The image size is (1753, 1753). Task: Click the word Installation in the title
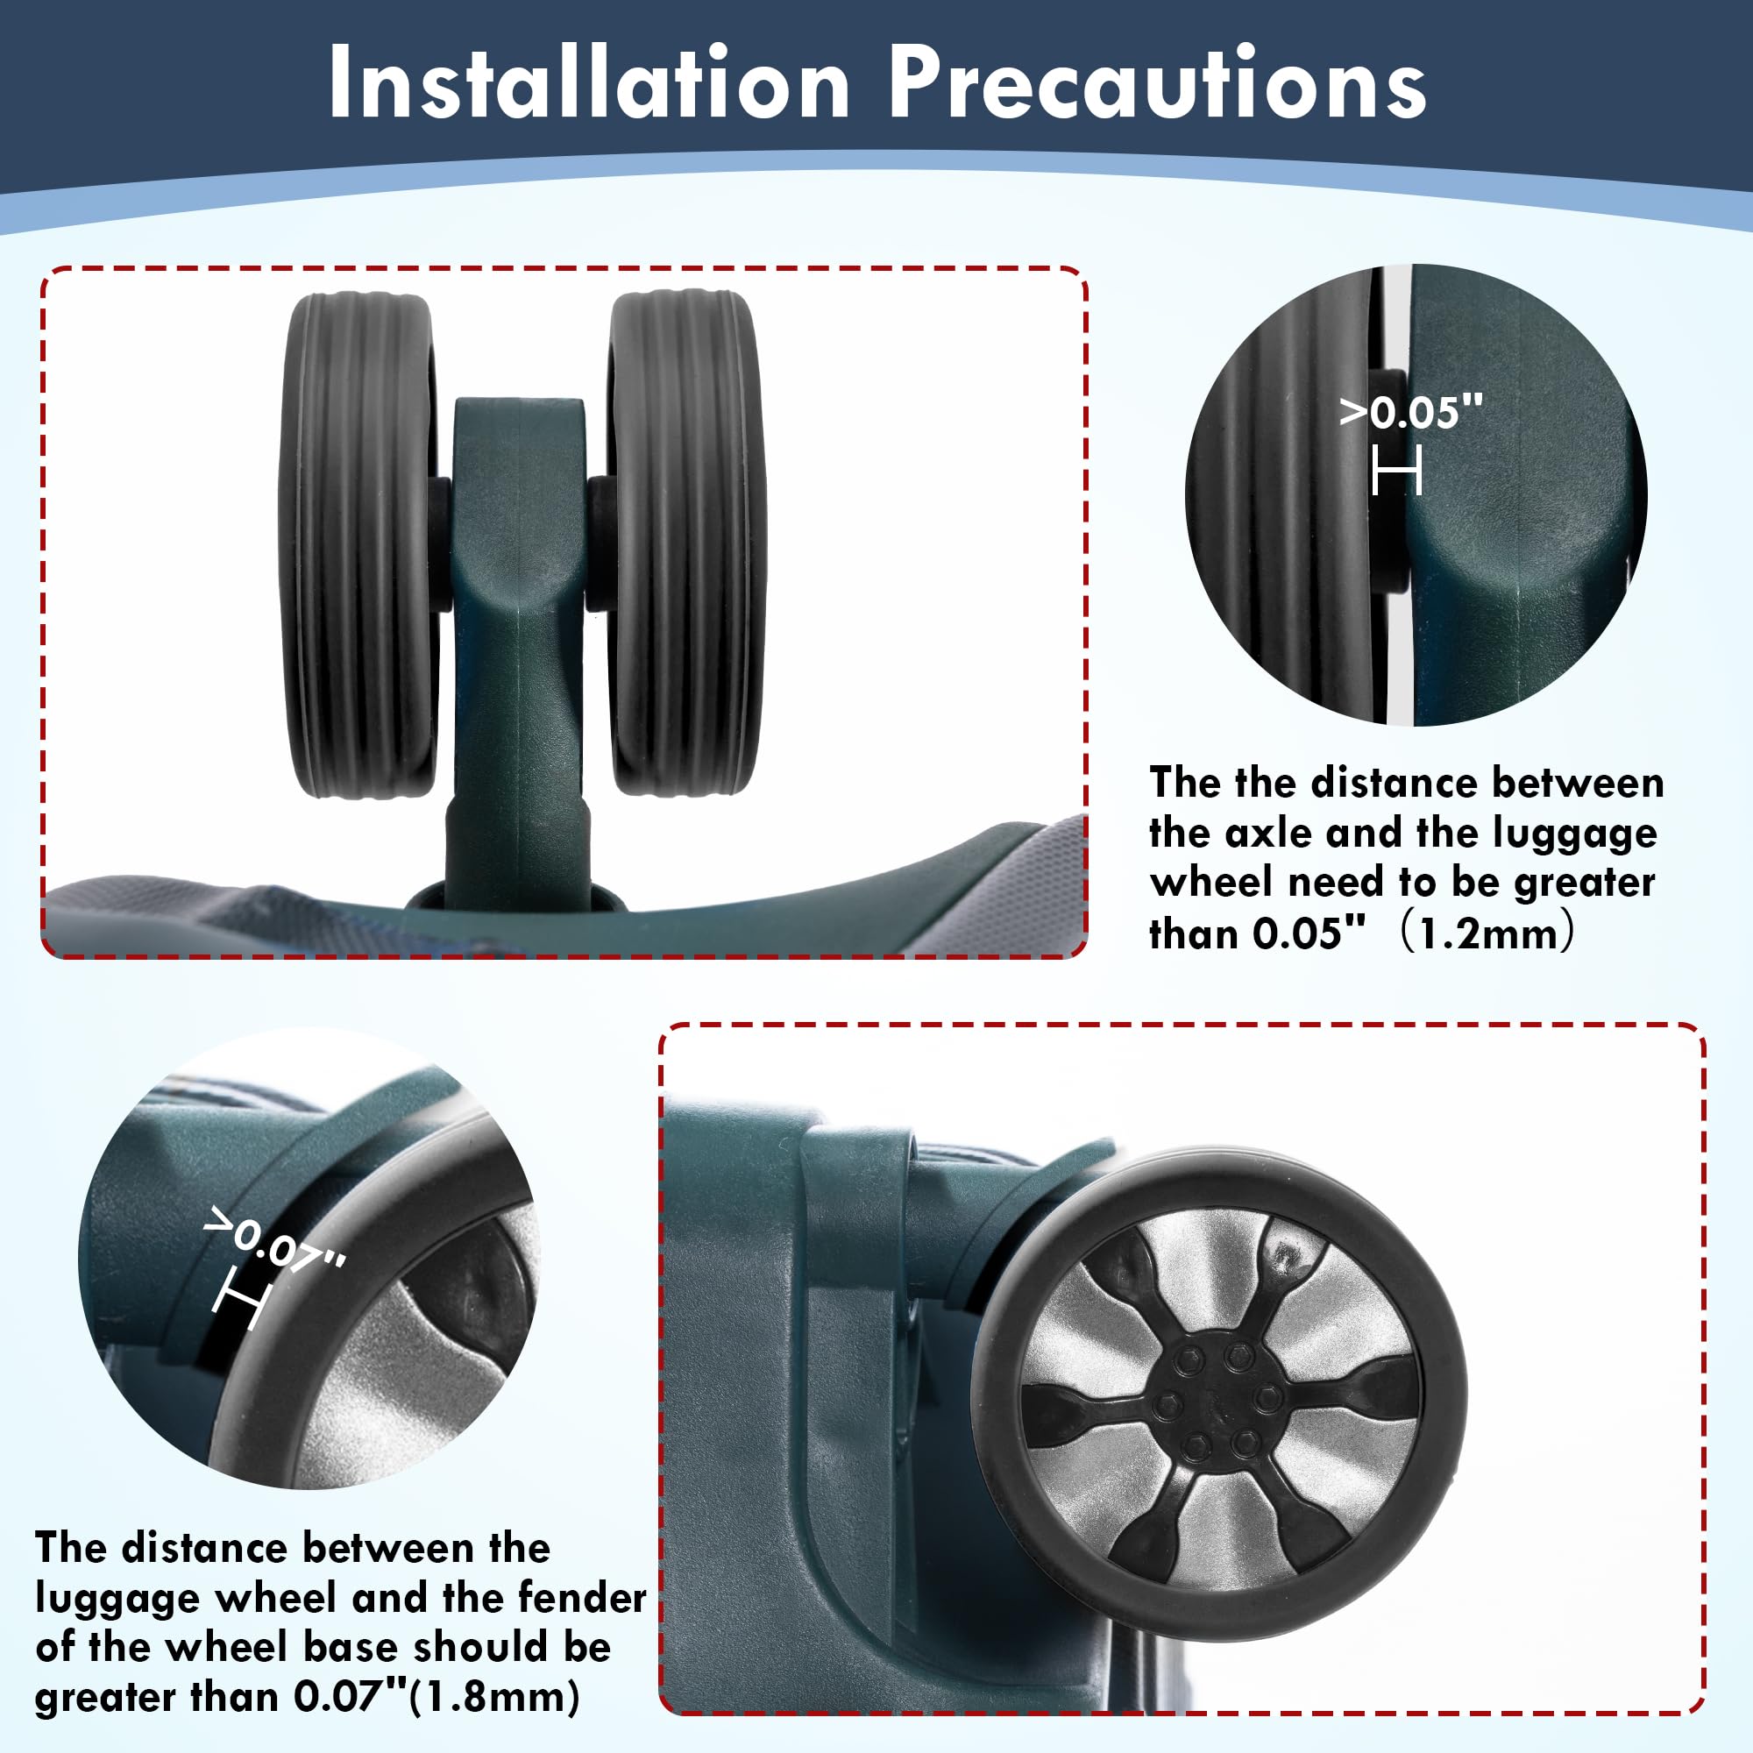point(589,82)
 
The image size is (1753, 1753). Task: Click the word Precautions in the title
point(1158,82)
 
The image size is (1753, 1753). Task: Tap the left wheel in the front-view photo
point(358,544)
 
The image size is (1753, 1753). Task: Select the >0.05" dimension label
point(1411,412)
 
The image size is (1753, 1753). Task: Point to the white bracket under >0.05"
point(1396,472)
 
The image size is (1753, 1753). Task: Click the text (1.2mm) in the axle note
point(1487,933)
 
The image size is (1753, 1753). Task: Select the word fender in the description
point(583,1598)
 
